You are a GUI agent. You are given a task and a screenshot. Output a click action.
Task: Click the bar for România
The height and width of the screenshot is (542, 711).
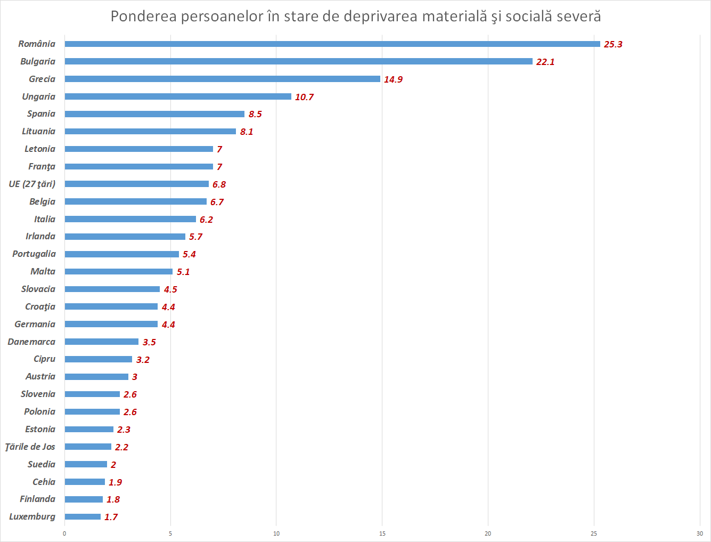(332, 44)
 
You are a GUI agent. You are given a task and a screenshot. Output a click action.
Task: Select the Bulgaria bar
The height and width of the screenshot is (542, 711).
(298, 61)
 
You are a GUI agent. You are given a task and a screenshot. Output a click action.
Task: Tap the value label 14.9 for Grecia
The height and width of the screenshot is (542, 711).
(393, 79)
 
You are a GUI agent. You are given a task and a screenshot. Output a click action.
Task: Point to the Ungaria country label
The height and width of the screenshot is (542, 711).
(38, 96)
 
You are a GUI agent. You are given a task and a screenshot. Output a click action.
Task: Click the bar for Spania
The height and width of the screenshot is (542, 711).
(154, 114)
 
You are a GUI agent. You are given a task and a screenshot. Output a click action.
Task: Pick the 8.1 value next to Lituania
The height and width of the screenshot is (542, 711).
(246, 132)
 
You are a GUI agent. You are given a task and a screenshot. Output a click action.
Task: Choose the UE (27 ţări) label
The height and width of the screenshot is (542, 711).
(32, 184)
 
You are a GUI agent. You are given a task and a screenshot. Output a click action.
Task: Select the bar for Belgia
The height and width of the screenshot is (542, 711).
(135, 201)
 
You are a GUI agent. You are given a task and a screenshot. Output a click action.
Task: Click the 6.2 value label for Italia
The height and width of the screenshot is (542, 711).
(206, 220)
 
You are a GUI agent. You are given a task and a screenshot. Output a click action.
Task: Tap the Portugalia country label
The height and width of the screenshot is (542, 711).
(34, 254)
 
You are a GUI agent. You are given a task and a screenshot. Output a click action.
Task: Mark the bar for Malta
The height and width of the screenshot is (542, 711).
(119, 271)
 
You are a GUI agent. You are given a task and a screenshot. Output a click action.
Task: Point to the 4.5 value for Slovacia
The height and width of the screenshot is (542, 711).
(170, 289)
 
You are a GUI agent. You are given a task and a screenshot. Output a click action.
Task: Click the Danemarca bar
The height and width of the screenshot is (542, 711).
(102, 342)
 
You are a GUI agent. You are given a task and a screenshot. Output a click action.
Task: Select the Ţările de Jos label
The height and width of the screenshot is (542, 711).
(30, 447)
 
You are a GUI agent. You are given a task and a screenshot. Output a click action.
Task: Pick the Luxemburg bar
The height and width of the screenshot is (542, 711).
(83, 516)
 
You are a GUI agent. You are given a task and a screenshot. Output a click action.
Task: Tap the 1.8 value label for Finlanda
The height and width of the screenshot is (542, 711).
(113, 499)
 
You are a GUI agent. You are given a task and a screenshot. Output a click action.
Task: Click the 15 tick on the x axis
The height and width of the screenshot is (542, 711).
(382, 533)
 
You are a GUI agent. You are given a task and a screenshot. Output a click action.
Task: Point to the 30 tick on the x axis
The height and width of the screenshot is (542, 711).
(699, 533)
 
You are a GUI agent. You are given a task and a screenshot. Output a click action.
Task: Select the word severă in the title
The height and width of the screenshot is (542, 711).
(579, 17)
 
